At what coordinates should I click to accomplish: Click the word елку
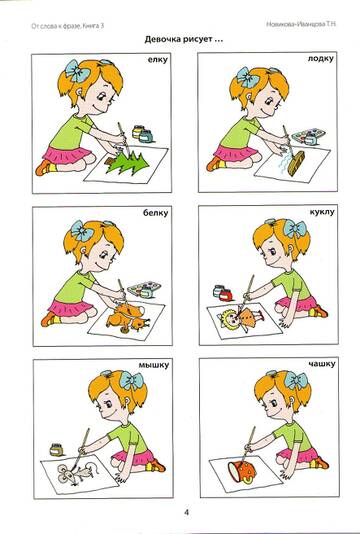[157, 60]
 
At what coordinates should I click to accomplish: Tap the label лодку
[320, 59]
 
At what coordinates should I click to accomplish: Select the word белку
[156, 214]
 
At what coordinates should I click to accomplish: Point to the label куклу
[322, 213]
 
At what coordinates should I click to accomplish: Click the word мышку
[153, 365]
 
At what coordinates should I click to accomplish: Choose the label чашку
[322, 364]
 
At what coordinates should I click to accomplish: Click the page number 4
[186, 513]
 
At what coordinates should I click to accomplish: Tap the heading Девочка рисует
[184, 40]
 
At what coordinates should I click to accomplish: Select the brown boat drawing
[296, 163]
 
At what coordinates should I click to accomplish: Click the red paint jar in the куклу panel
[225, 295]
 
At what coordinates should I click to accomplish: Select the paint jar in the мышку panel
[57, 450]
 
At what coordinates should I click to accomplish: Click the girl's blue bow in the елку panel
[78, 70]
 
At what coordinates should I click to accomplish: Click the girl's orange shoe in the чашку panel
[321, 463]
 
